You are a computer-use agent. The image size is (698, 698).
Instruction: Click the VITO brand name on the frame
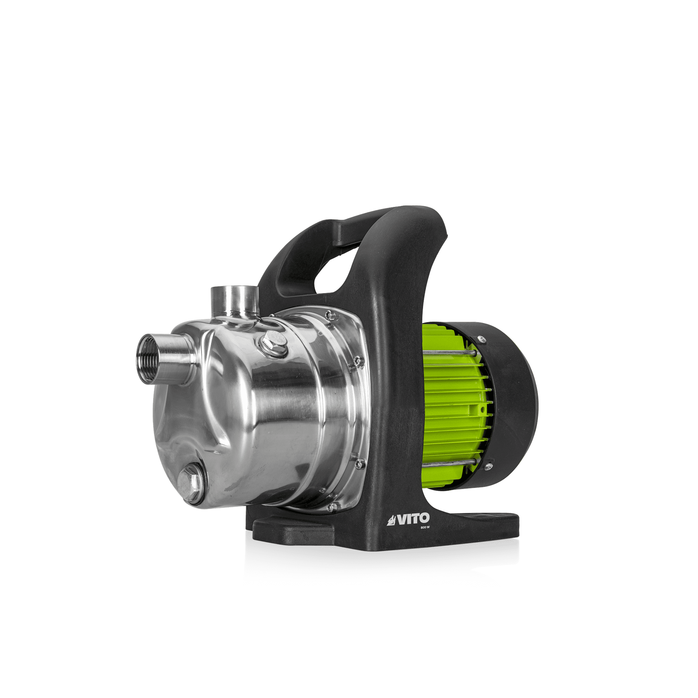pos(413,520)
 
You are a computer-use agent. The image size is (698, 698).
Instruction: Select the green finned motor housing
pos(452,408)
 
